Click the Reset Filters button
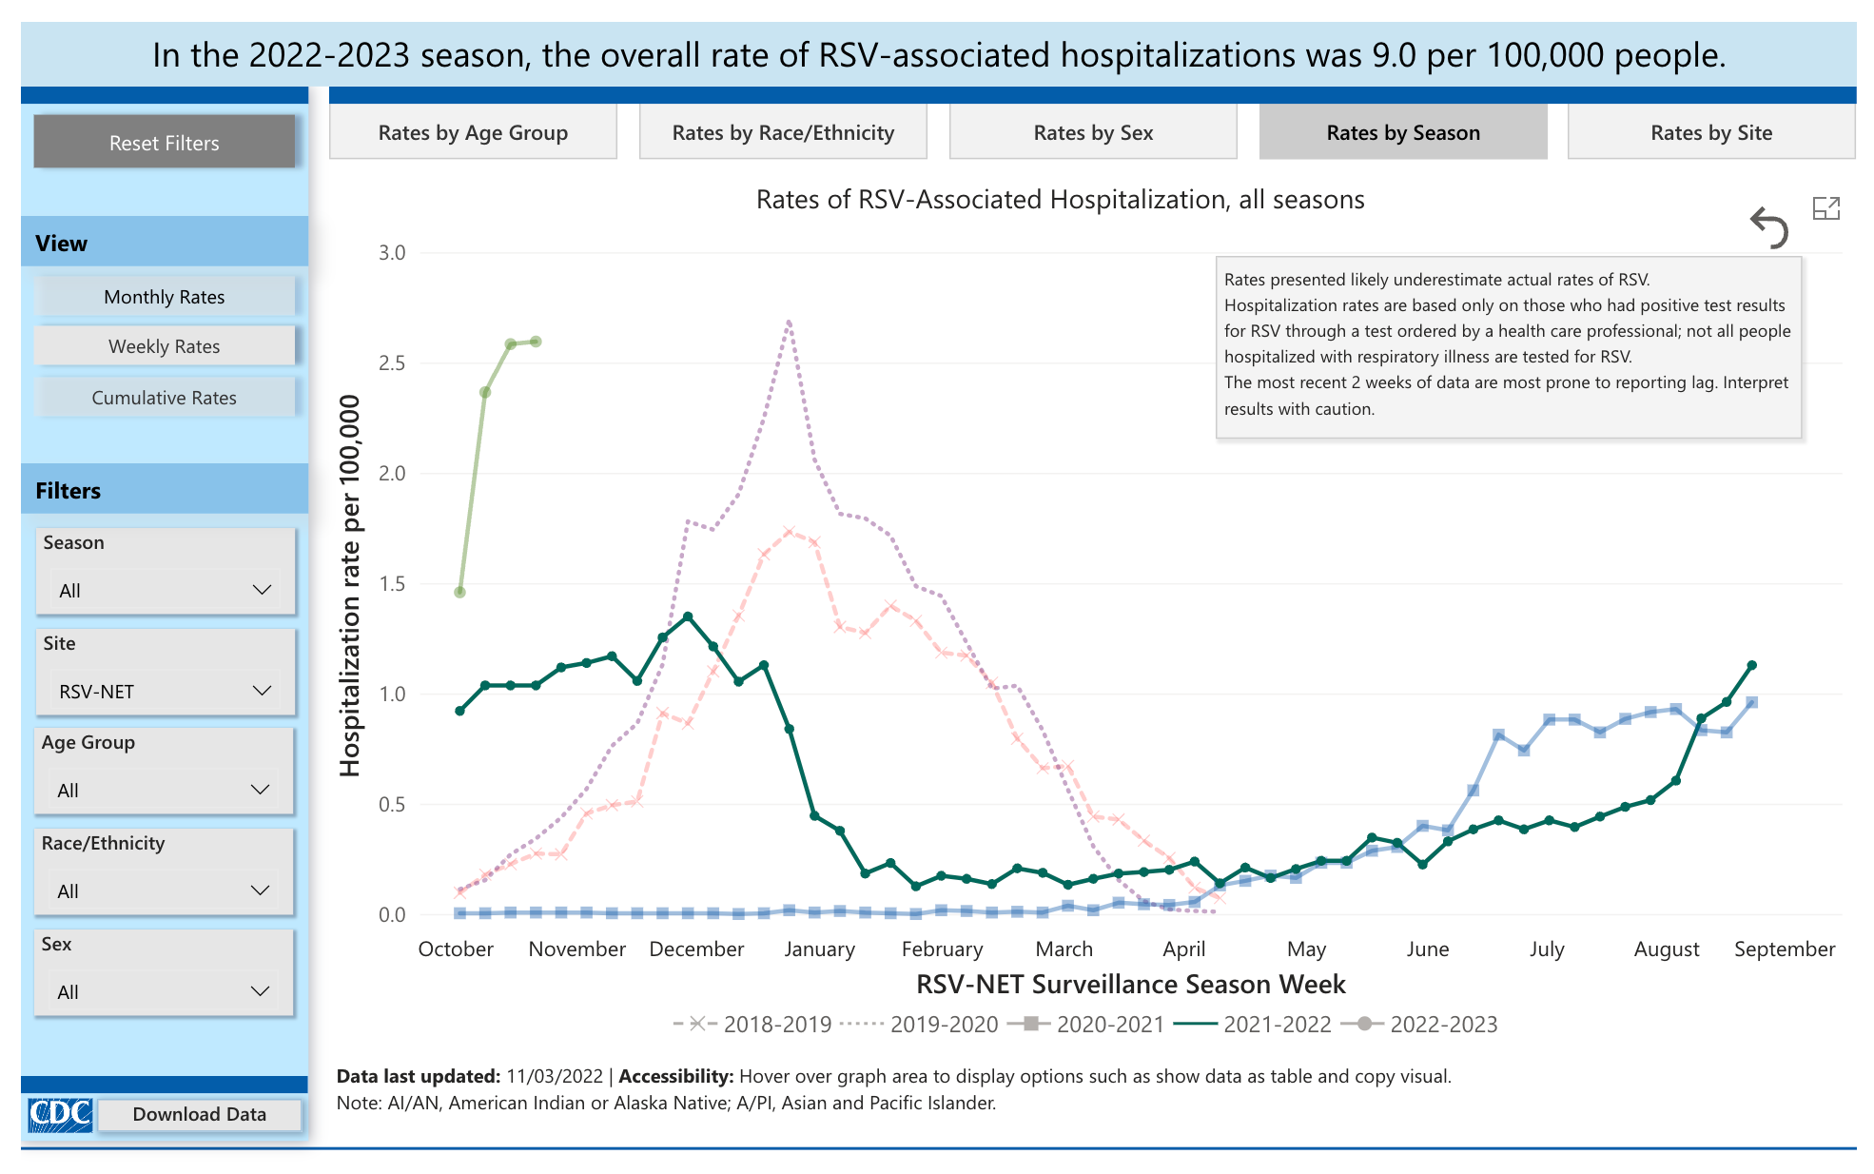pos(165,143)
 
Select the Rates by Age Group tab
pos(473,132)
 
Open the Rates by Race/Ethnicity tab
pos(783,132)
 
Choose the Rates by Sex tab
pos(1093,132)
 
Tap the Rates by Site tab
pos(1711,132)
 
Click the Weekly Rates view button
pos(165,346)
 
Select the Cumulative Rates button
pos(165,398)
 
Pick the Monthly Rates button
pos(165,297)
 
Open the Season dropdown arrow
pos(262,590)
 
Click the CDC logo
pos(60,1114)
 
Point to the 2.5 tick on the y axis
pos(392,363)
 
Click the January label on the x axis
pos(819,949)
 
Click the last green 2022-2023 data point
pos(537,342)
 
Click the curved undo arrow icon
pos(1769,227)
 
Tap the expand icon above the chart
pos(1826,208)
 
